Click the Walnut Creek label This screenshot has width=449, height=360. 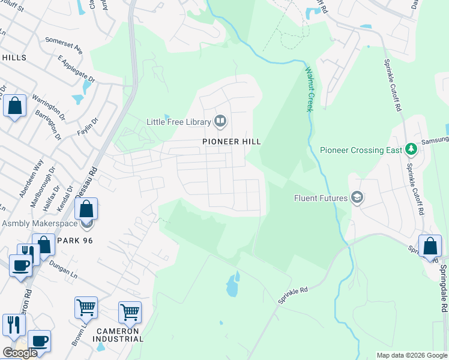[309, 89]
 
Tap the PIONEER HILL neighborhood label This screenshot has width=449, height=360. [231, 141]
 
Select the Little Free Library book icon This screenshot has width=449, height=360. [220, 122]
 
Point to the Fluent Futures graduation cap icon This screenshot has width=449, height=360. [357, 198]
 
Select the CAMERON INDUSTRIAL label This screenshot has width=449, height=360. [118, 335]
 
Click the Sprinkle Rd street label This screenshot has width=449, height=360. [293, 293]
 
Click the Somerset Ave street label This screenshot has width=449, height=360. [62, 44]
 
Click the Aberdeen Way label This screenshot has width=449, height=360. [31, 178]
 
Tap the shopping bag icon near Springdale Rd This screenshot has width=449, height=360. [430, 246]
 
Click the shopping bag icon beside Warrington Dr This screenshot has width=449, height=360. [14, 106]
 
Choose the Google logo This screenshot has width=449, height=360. [20, 353]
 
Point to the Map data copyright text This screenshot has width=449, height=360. [412, 355]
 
